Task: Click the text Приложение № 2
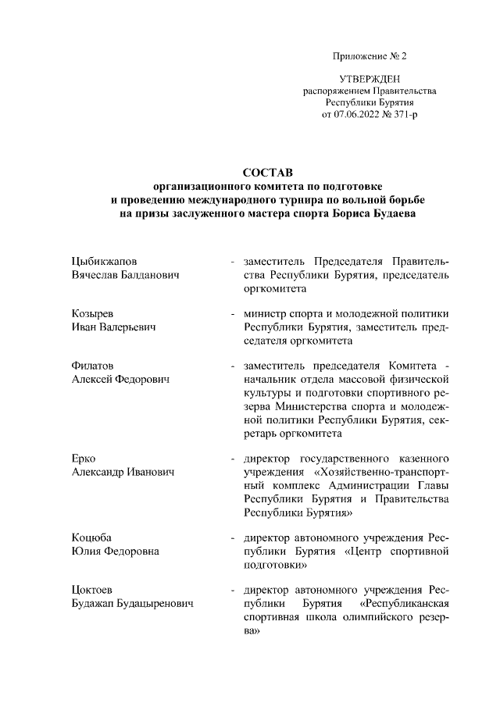[x=370, y=57]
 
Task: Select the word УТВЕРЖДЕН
[x=370, y=80]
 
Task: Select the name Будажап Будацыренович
[x=132, y=604]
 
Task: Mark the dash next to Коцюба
[x=233, y=538]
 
